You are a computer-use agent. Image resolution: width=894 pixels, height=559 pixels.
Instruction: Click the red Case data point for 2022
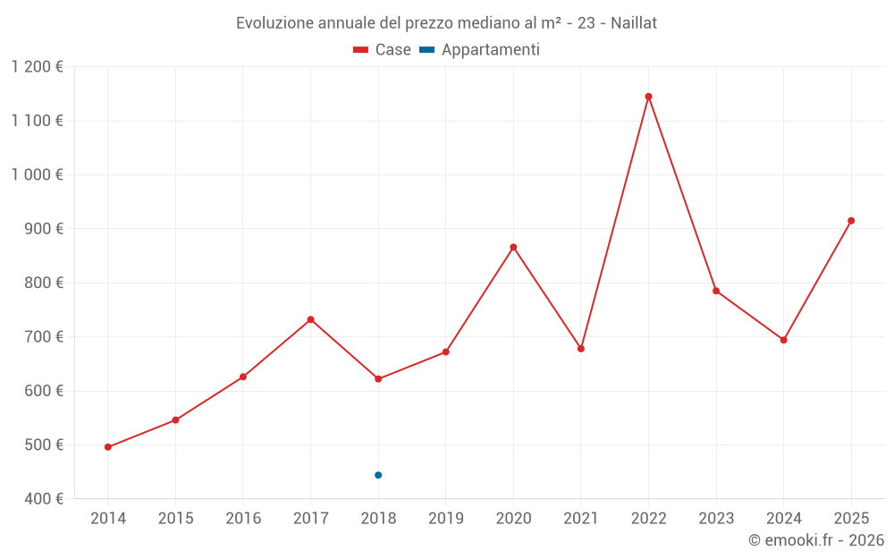coord(648,97)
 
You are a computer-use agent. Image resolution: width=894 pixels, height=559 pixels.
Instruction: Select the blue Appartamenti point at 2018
coord(378,475)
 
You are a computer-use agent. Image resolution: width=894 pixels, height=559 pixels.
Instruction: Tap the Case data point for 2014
coord(108,447)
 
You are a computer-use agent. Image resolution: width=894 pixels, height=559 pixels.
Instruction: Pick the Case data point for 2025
coord(851,221)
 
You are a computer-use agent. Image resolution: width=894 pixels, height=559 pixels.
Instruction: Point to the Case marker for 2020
coord(513,247)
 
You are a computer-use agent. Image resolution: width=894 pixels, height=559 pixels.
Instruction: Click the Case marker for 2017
coord(310,319)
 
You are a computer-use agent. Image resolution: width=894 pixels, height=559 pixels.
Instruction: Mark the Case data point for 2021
coord(581,349)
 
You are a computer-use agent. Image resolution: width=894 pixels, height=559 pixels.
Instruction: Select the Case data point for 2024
coord(783,340)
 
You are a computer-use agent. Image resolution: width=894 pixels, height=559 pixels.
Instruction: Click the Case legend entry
coord(383,50)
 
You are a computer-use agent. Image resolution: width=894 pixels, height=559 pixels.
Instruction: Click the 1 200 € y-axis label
coord(37,67)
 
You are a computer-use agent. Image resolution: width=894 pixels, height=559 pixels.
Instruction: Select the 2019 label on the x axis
coord(445,519)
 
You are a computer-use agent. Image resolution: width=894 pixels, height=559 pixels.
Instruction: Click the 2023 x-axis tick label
coord(716,519)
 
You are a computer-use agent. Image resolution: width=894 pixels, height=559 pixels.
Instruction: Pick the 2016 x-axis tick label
coord(243,519)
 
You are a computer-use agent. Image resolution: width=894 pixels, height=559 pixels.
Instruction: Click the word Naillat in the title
coord(634,23)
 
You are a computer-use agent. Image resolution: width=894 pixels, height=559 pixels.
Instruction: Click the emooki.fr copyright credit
coord(816,540)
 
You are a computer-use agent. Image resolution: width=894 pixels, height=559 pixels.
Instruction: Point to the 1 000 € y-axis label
coord(37,175)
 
